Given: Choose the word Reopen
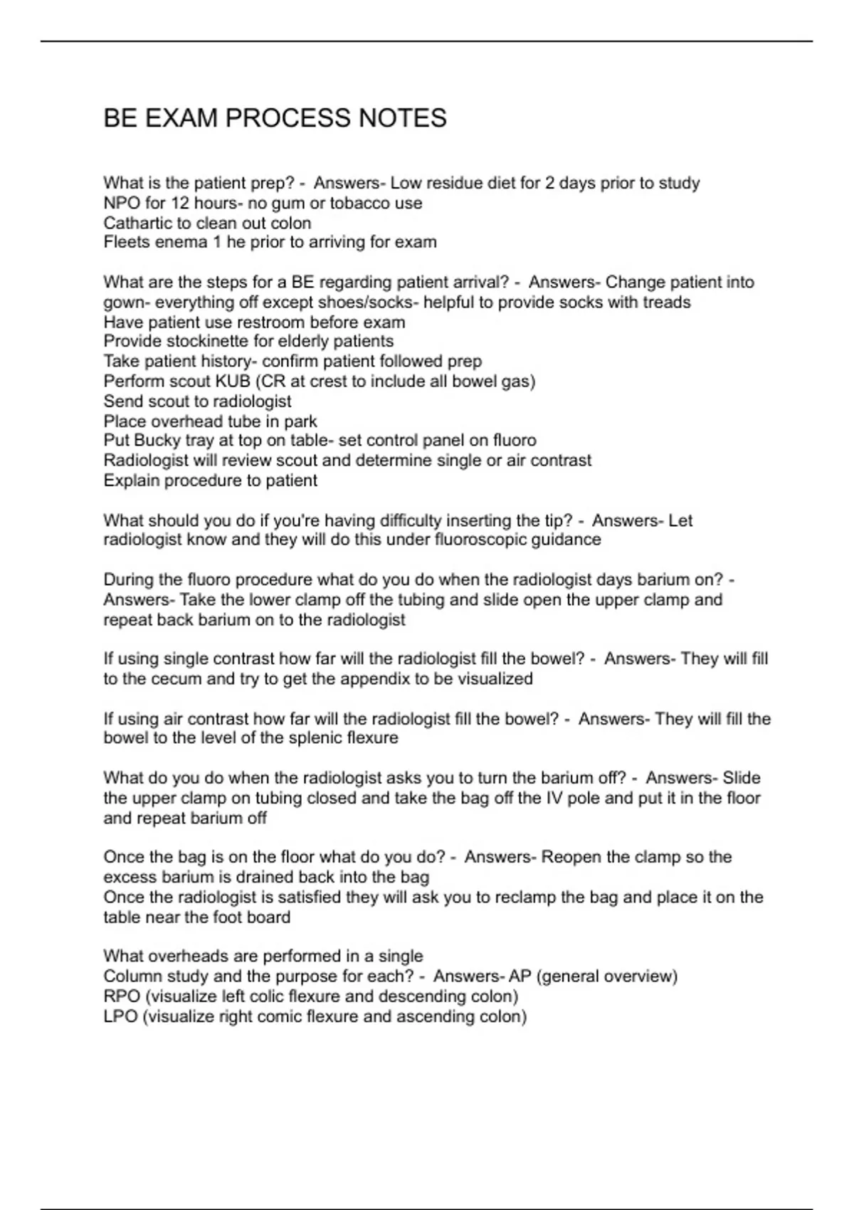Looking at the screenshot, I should tap(571, 857).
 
